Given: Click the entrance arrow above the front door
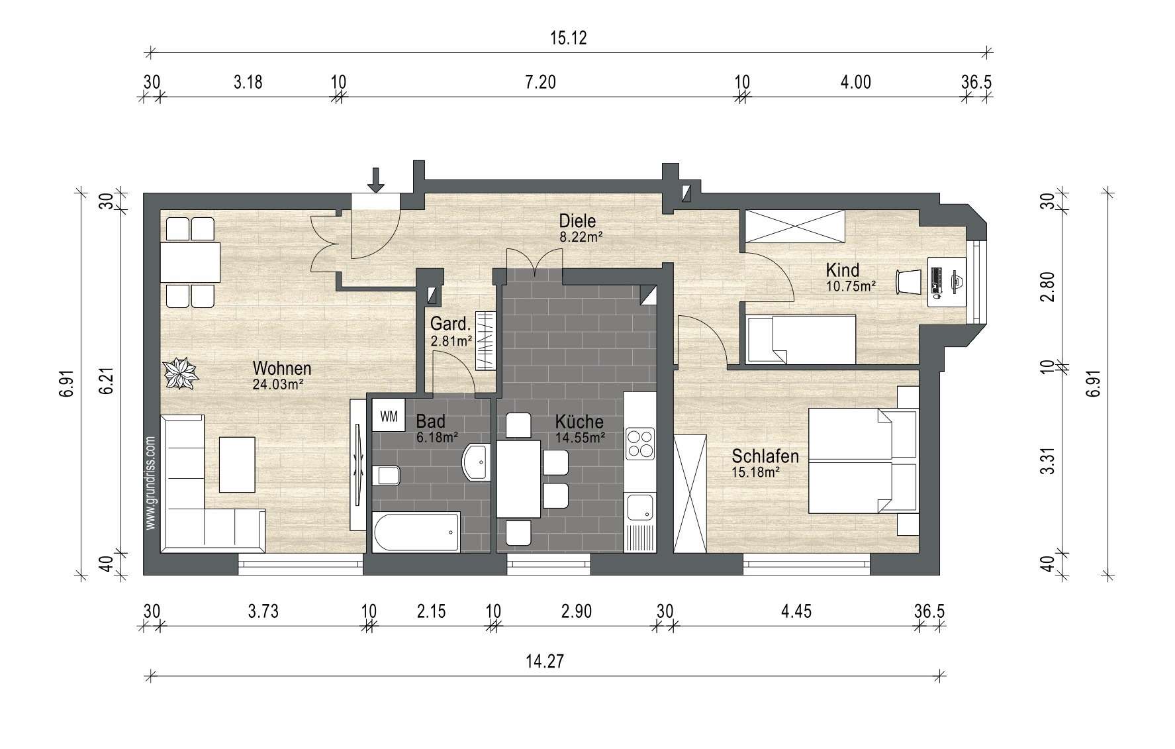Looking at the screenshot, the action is coord(376,179).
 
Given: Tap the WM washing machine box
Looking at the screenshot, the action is coord(389,416).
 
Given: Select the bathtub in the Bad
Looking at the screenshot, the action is coord(416,532).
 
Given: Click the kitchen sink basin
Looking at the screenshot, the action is coord(640,507).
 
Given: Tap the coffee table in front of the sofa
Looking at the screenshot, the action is coord(237,464).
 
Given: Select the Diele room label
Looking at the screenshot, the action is coord(577,221).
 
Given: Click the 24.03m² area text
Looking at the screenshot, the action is coord(278,383).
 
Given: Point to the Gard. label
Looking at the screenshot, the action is coord(450,325).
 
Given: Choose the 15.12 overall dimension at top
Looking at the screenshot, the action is coord(569,38).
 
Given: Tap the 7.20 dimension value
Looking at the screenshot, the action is coord(540,82).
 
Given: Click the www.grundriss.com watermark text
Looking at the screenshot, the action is coord(150,482).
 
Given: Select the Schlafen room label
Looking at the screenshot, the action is coord(765,456).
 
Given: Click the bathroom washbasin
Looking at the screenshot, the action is coord(476,461).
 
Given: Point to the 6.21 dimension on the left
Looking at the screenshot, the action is coord(105,382).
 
